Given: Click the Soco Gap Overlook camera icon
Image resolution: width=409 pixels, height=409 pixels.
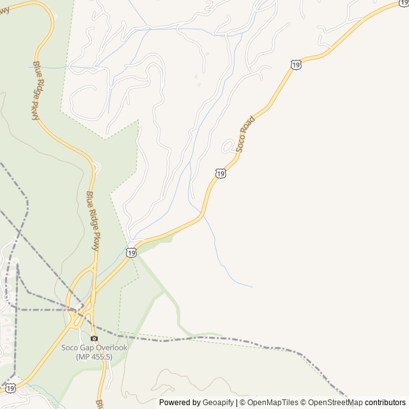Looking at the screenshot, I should point(94,339).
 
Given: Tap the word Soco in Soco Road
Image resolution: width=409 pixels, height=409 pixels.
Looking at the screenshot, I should point(240,143).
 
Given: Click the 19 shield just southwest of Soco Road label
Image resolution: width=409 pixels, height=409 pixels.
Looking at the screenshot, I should point(220,173).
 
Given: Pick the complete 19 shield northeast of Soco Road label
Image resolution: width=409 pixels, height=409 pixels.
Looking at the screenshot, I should point(295,65).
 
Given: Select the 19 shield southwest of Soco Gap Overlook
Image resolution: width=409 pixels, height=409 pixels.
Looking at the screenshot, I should point(10,388).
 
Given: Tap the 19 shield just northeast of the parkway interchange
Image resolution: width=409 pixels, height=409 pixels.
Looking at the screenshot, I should point(131,252).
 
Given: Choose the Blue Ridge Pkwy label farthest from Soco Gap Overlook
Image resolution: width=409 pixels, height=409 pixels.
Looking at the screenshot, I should point(36,91).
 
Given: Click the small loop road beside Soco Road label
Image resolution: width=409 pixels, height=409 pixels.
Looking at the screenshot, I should point(228,147).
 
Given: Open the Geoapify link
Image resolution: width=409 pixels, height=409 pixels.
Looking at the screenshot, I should point(219,403).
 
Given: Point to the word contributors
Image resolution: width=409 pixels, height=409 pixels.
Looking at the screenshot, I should point(385,403).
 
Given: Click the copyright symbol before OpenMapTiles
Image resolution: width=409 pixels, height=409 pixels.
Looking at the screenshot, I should point(243,403).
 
